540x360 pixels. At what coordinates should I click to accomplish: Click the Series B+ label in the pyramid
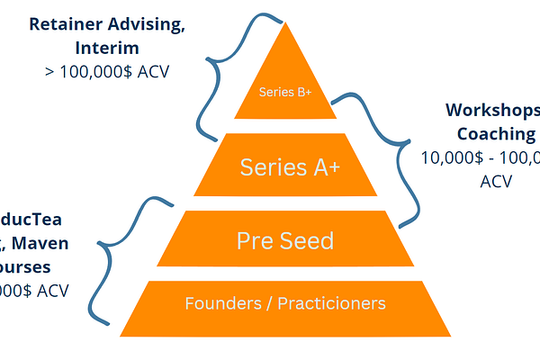coord(284,93)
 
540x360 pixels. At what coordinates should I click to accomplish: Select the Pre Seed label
coord(284,240)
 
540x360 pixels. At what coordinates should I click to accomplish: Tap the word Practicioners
coord(335,303)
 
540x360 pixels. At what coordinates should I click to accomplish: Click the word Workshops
coord(491,111)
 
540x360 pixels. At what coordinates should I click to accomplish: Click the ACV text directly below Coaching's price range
coord(495,180)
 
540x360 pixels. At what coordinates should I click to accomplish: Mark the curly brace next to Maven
coord(121,261)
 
